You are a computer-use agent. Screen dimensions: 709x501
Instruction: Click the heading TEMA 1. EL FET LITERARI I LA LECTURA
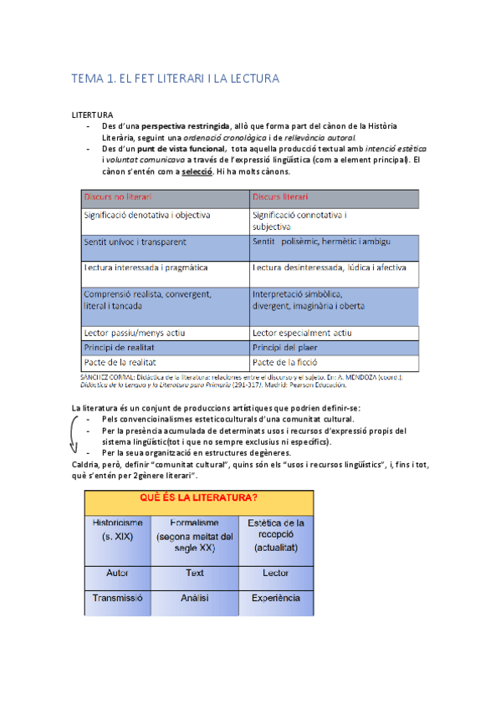tap(175, 79)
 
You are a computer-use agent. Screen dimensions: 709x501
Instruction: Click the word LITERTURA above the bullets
tap(93, 114)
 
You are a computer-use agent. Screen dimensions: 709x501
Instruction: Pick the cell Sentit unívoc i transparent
tap(135, 242)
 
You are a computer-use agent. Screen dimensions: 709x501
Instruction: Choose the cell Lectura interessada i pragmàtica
tap(146, 268)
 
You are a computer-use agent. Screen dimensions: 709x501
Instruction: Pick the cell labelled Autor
tap(117, 574)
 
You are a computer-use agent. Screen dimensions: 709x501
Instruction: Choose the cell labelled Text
tap(194, 574)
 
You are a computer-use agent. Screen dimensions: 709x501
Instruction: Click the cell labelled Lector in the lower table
tap(275, 574)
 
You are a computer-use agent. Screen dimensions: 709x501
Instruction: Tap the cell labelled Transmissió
tap(117, 599)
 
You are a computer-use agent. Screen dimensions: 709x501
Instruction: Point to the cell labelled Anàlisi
tap(194, 599)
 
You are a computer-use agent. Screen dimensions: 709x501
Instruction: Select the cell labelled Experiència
tap(275, 599)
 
